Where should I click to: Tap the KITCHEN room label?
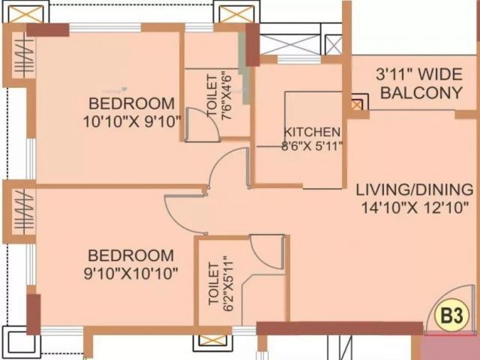pos(312,132)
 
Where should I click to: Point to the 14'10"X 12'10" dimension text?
pos(414,208)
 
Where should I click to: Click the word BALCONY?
pos(421,93)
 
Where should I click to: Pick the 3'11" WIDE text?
pos(419,74)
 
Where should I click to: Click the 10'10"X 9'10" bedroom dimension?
pos(132,121)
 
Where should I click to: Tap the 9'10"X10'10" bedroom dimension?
pos(131,274)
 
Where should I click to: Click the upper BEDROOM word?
pos(132,104)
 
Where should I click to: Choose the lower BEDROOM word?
pos(131,256)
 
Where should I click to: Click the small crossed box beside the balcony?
pos(356,105)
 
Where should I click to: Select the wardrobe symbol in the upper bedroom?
pos(20,54)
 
